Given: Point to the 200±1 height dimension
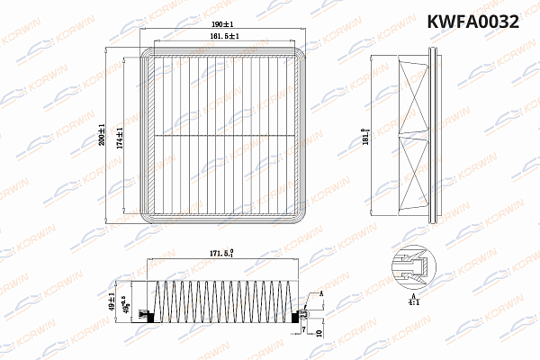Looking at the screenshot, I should pyautogui.click(x=103, y=135).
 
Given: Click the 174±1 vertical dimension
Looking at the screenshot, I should pyautogui.click(x=120, y=137).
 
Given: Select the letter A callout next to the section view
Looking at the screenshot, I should pyautogui.click(x=320, y=295).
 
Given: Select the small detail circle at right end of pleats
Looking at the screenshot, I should pyautogui.click(x=303, y=314).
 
